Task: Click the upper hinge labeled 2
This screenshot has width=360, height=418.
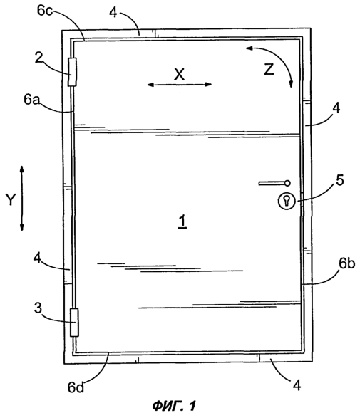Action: coord(72,72)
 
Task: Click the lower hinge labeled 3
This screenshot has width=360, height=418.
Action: coord(74,323)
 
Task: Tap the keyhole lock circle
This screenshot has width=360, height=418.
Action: coord(287,201)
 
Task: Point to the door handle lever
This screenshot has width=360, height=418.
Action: coord(274,183)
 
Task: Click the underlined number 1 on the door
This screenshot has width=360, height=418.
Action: coord(182,222)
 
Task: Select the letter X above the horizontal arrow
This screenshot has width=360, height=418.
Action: coord(180,74)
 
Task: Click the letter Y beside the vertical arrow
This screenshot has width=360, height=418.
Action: coord(11,199)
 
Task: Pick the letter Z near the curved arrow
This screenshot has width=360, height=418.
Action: coord(269,70)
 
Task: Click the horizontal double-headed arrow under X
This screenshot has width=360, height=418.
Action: coord(180,85)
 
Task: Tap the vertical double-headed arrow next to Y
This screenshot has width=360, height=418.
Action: coord(22,198)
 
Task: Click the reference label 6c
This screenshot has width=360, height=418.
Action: coord(45,11)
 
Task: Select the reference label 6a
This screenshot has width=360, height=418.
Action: coord(31,99)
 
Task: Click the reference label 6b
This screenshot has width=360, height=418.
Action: coord(346,263)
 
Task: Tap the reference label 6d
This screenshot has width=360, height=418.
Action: coord(76,387)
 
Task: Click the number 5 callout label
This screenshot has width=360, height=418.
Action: coord(340,180)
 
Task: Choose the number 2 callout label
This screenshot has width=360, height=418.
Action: coord(39,58)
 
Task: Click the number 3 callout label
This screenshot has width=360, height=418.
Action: coord(38,308)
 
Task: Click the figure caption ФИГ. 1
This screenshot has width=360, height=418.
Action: coord(174,406)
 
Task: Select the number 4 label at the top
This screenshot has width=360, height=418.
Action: coord(113,12)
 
